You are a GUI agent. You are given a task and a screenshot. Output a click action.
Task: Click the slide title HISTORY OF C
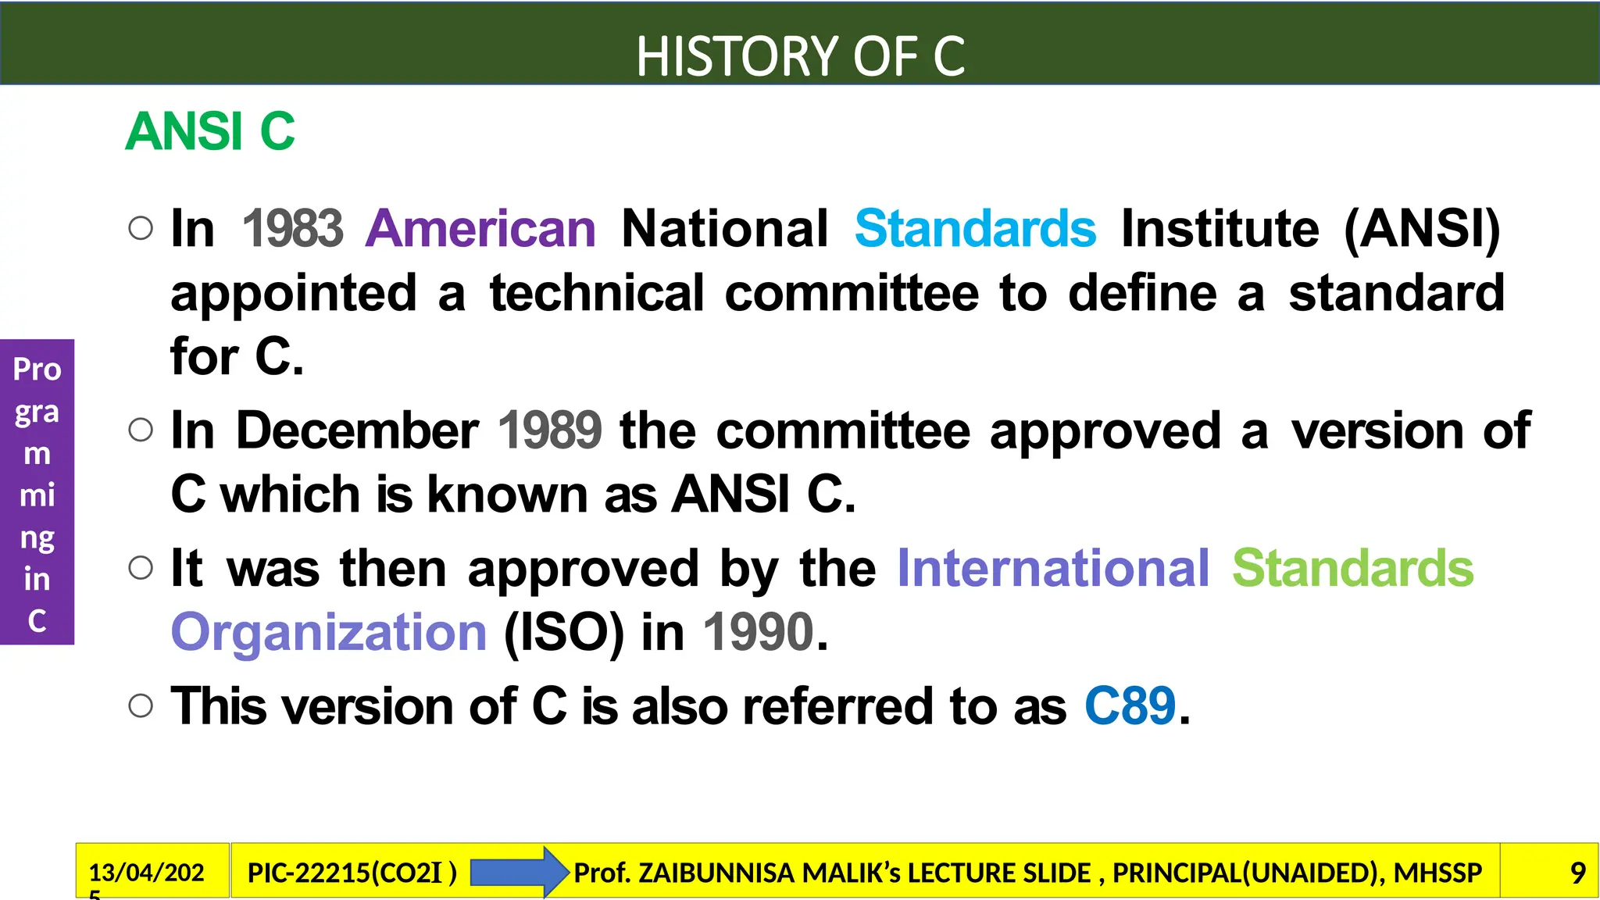[x=800, y=56]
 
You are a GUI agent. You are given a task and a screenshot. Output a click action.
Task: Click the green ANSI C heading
[x=210, y=131]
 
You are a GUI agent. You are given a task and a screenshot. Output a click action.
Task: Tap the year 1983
[x=292, y=229]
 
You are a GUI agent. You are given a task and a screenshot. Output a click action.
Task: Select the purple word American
[x=480, y=229]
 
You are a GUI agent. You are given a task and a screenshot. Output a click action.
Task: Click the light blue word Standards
[x=975, y=229]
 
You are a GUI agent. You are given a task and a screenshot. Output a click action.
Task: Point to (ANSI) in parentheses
[x=1422, y=229]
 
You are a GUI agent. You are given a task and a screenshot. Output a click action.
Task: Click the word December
[x=357, y=430]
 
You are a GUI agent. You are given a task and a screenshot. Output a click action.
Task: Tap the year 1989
[x=550, y=430]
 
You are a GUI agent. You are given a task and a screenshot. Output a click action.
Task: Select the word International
[x=1053, y=568]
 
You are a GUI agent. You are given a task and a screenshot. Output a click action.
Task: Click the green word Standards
[x=1352, y=568]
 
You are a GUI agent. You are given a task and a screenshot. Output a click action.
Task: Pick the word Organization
[x=329, y=632]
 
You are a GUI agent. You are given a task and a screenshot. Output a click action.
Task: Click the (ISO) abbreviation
[x=564, y=632]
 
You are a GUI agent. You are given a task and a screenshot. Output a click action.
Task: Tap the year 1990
[x=759, y=632]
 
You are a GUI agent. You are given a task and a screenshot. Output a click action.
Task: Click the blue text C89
[x=1130, y=706]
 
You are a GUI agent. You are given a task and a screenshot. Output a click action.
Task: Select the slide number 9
[x=1577, y=873]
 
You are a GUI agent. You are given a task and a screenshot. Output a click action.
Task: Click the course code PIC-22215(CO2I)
[x=352, y=873]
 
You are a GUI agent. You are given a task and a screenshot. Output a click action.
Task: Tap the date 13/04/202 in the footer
[x=146, y=873]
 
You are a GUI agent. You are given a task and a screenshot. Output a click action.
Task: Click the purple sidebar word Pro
[x=37, y=370]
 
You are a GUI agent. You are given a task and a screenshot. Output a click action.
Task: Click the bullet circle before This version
[x=141, y=706]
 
